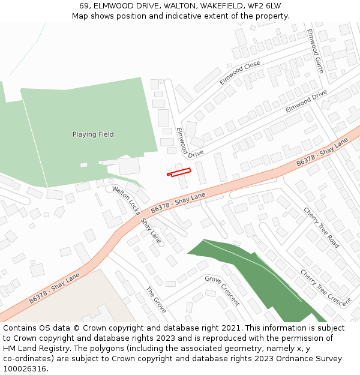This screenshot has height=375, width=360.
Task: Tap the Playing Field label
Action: (93, 134)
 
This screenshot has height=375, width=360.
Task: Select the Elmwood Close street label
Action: (239, 73)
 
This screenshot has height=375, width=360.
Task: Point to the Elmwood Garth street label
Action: (316, 51)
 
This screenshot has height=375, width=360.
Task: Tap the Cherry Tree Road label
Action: (321, 228)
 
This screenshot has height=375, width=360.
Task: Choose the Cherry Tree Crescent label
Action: (326, 287)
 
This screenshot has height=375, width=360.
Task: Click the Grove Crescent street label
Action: (222, 290)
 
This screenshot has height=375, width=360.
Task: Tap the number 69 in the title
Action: (84, 6)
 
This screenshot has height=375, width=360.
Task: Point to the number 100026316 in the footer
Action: (25, 369)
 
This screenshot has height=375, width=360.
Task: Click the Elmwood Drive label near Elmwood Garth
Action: (306, 101)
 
